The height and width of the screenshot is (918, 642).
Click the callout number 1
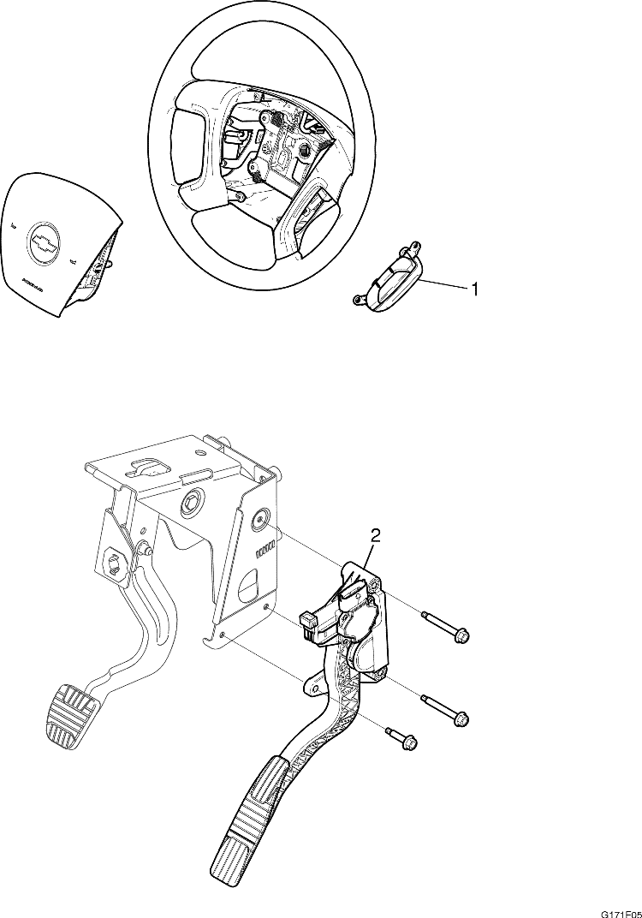472,289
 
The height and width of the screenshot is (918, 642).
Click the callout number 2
375,536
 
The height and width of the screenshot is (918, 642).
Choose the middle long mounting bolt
447,710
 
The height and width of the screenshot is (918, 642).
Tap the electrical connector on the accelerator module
309,621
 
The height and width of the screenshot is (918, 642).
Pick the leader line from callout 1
443,284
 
